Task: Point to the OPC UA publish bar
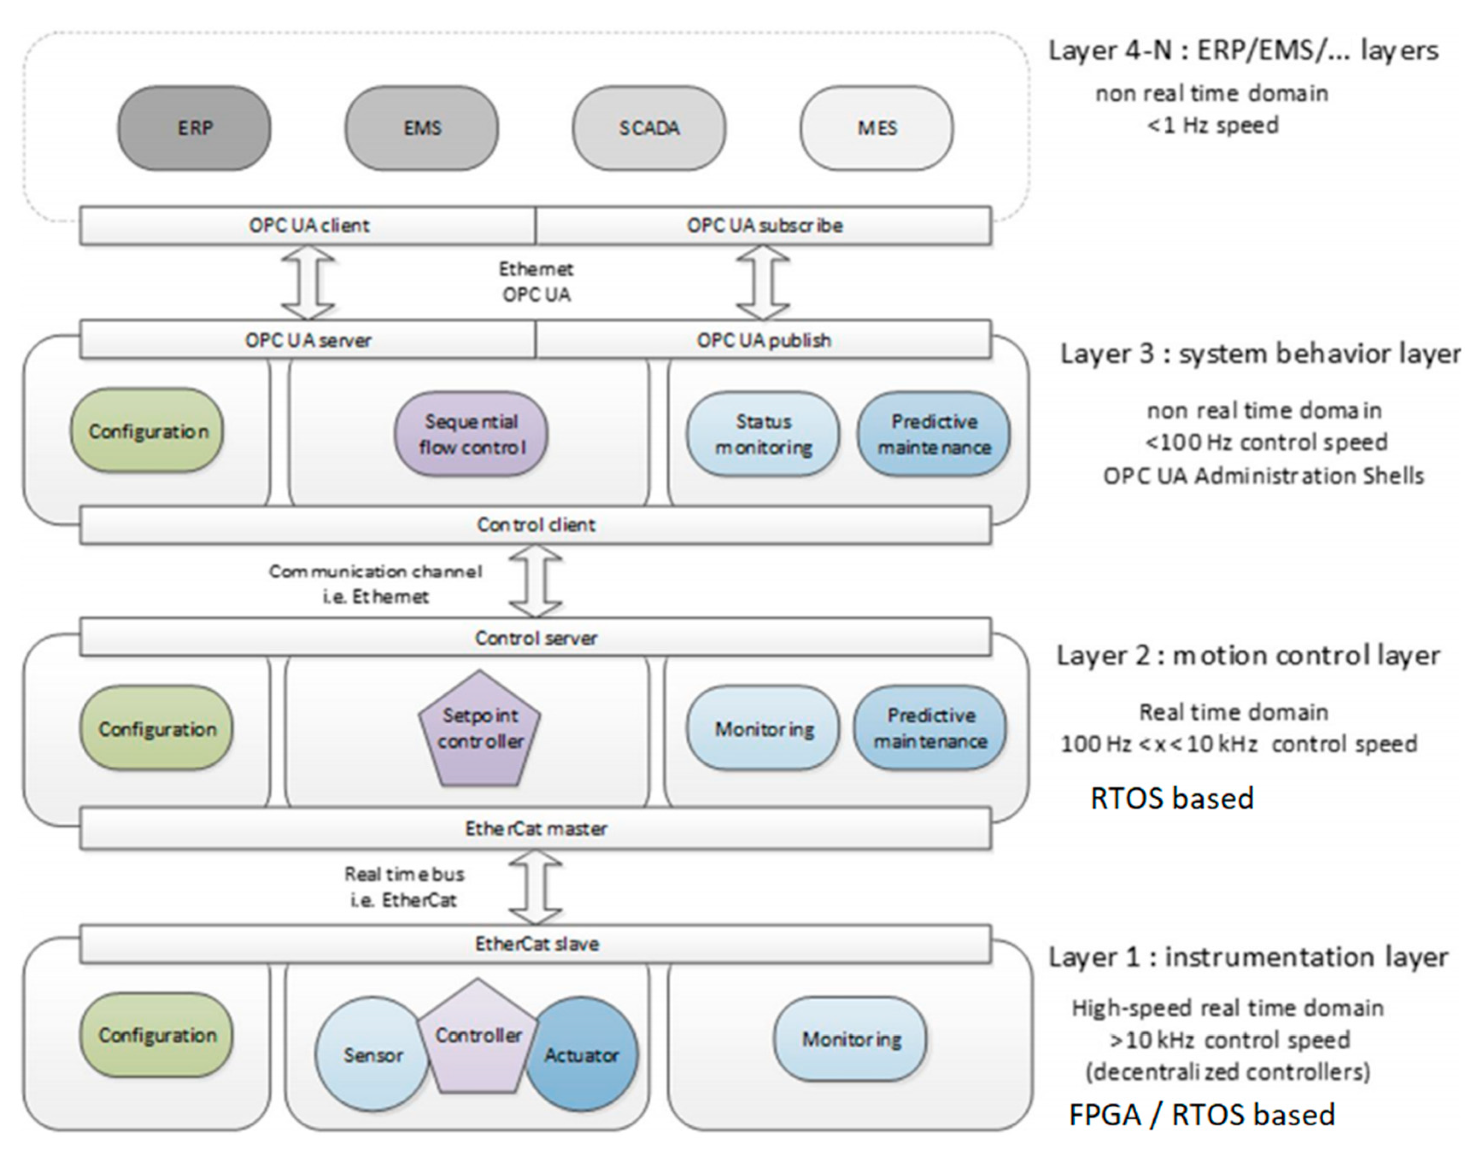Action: point(763,339)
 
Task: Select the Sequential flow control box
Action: point(471,434)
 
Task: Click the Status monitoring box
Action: point(763,434)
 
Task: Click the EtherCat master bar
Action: point(535,829)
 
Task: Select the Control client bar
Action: point(535,525)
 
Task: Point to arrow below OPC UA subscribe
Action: point(763,282)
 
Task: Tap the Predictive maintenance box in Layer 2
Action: point(930,728)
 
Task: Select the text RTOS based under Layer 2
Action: point(1172,798)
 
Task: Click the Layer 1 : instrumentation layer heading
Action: point(1248,957)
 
